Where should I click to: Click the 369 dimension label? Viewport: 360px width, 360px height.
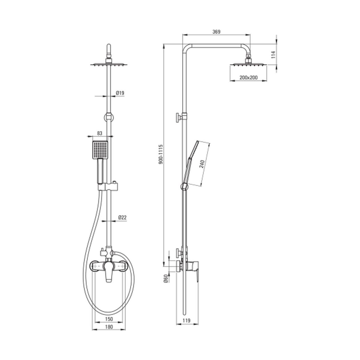coord(216,32)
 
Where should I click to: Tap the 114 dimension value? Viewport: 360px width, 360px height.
coord(273,55)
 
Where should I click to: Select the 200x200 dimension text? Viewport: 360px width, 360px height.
coord(248,77)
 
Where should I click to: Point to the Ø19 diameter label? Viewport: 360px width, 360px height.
coord(120,93)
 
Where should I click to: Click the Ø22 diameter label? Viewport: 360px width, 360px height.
coord(122,217)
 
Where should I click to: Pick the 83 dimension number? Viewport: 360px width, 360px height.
coord(100,133)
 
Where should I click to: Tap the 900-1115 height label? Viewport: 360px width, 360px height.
coord(161,154)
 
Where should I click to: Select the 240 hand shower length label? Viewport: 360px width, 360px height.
coord(202,164)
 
